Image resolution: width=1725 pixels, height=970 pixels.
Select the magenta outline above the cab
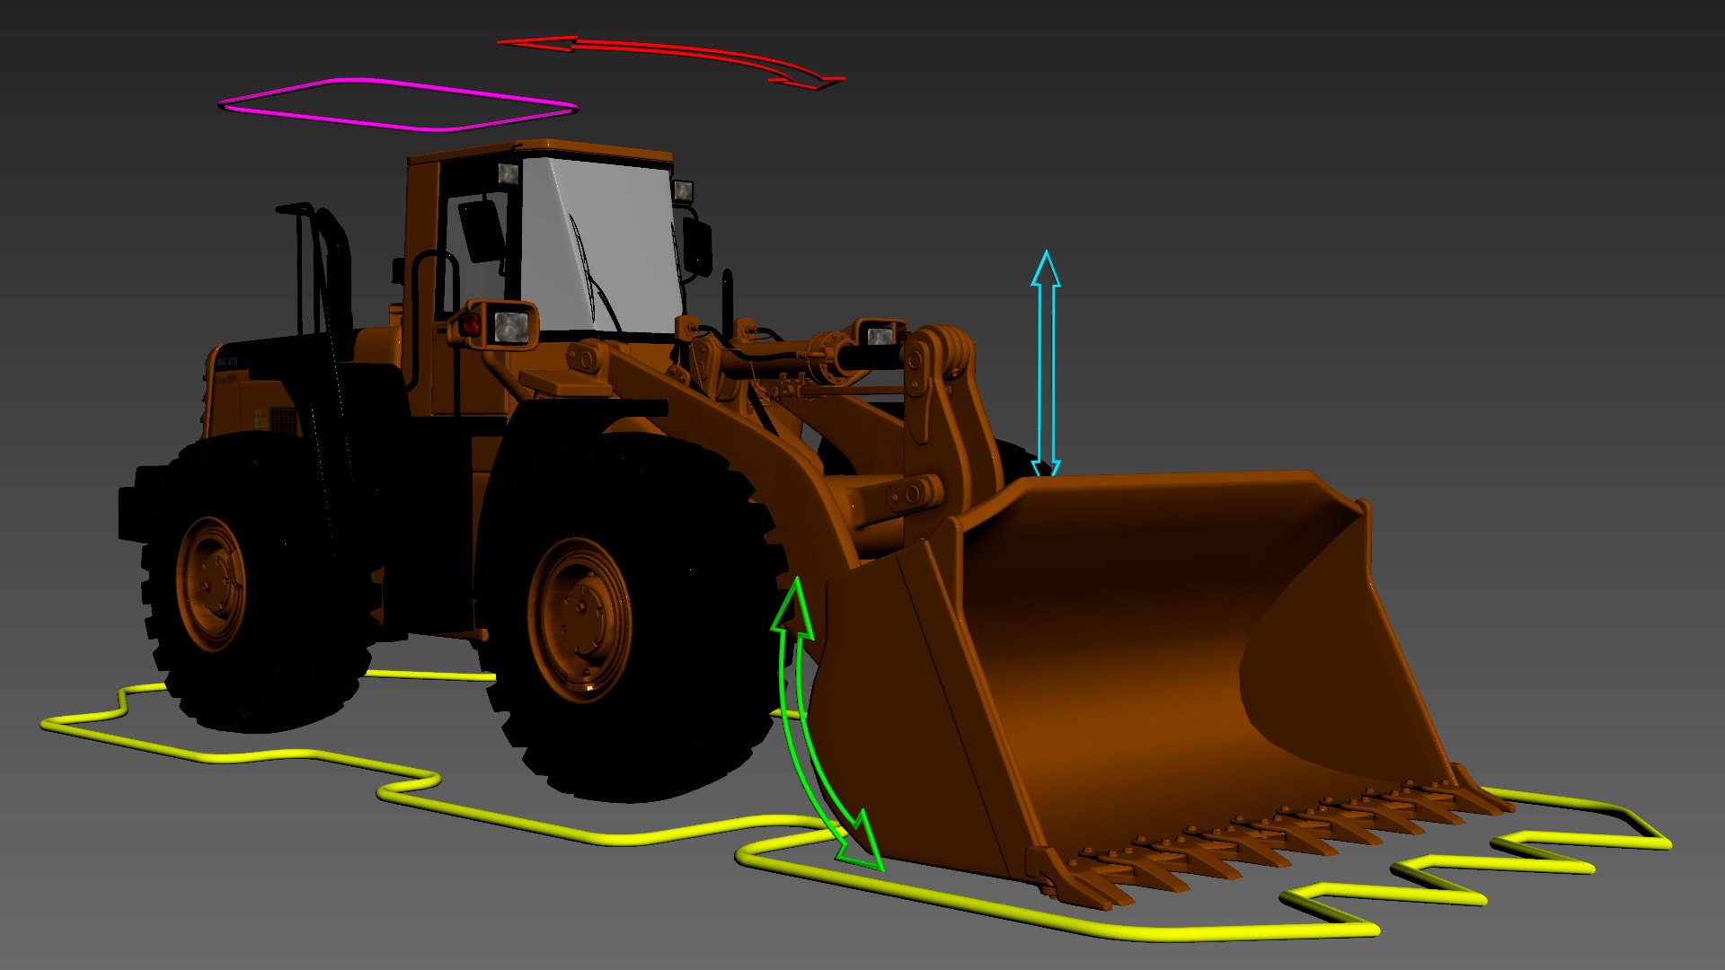coord(395,83)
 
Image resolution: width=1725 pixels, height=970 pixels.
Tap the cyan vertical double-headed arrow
coord(1046,368)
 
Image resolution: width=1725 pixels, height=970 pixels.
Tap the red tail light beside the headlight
coord(471,324)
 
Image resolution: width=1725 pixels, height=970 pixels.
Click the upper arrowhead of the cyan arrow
coord(1046,269)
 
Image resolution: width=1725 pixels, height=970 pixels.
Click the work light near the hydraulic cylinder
coord(879,336)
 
